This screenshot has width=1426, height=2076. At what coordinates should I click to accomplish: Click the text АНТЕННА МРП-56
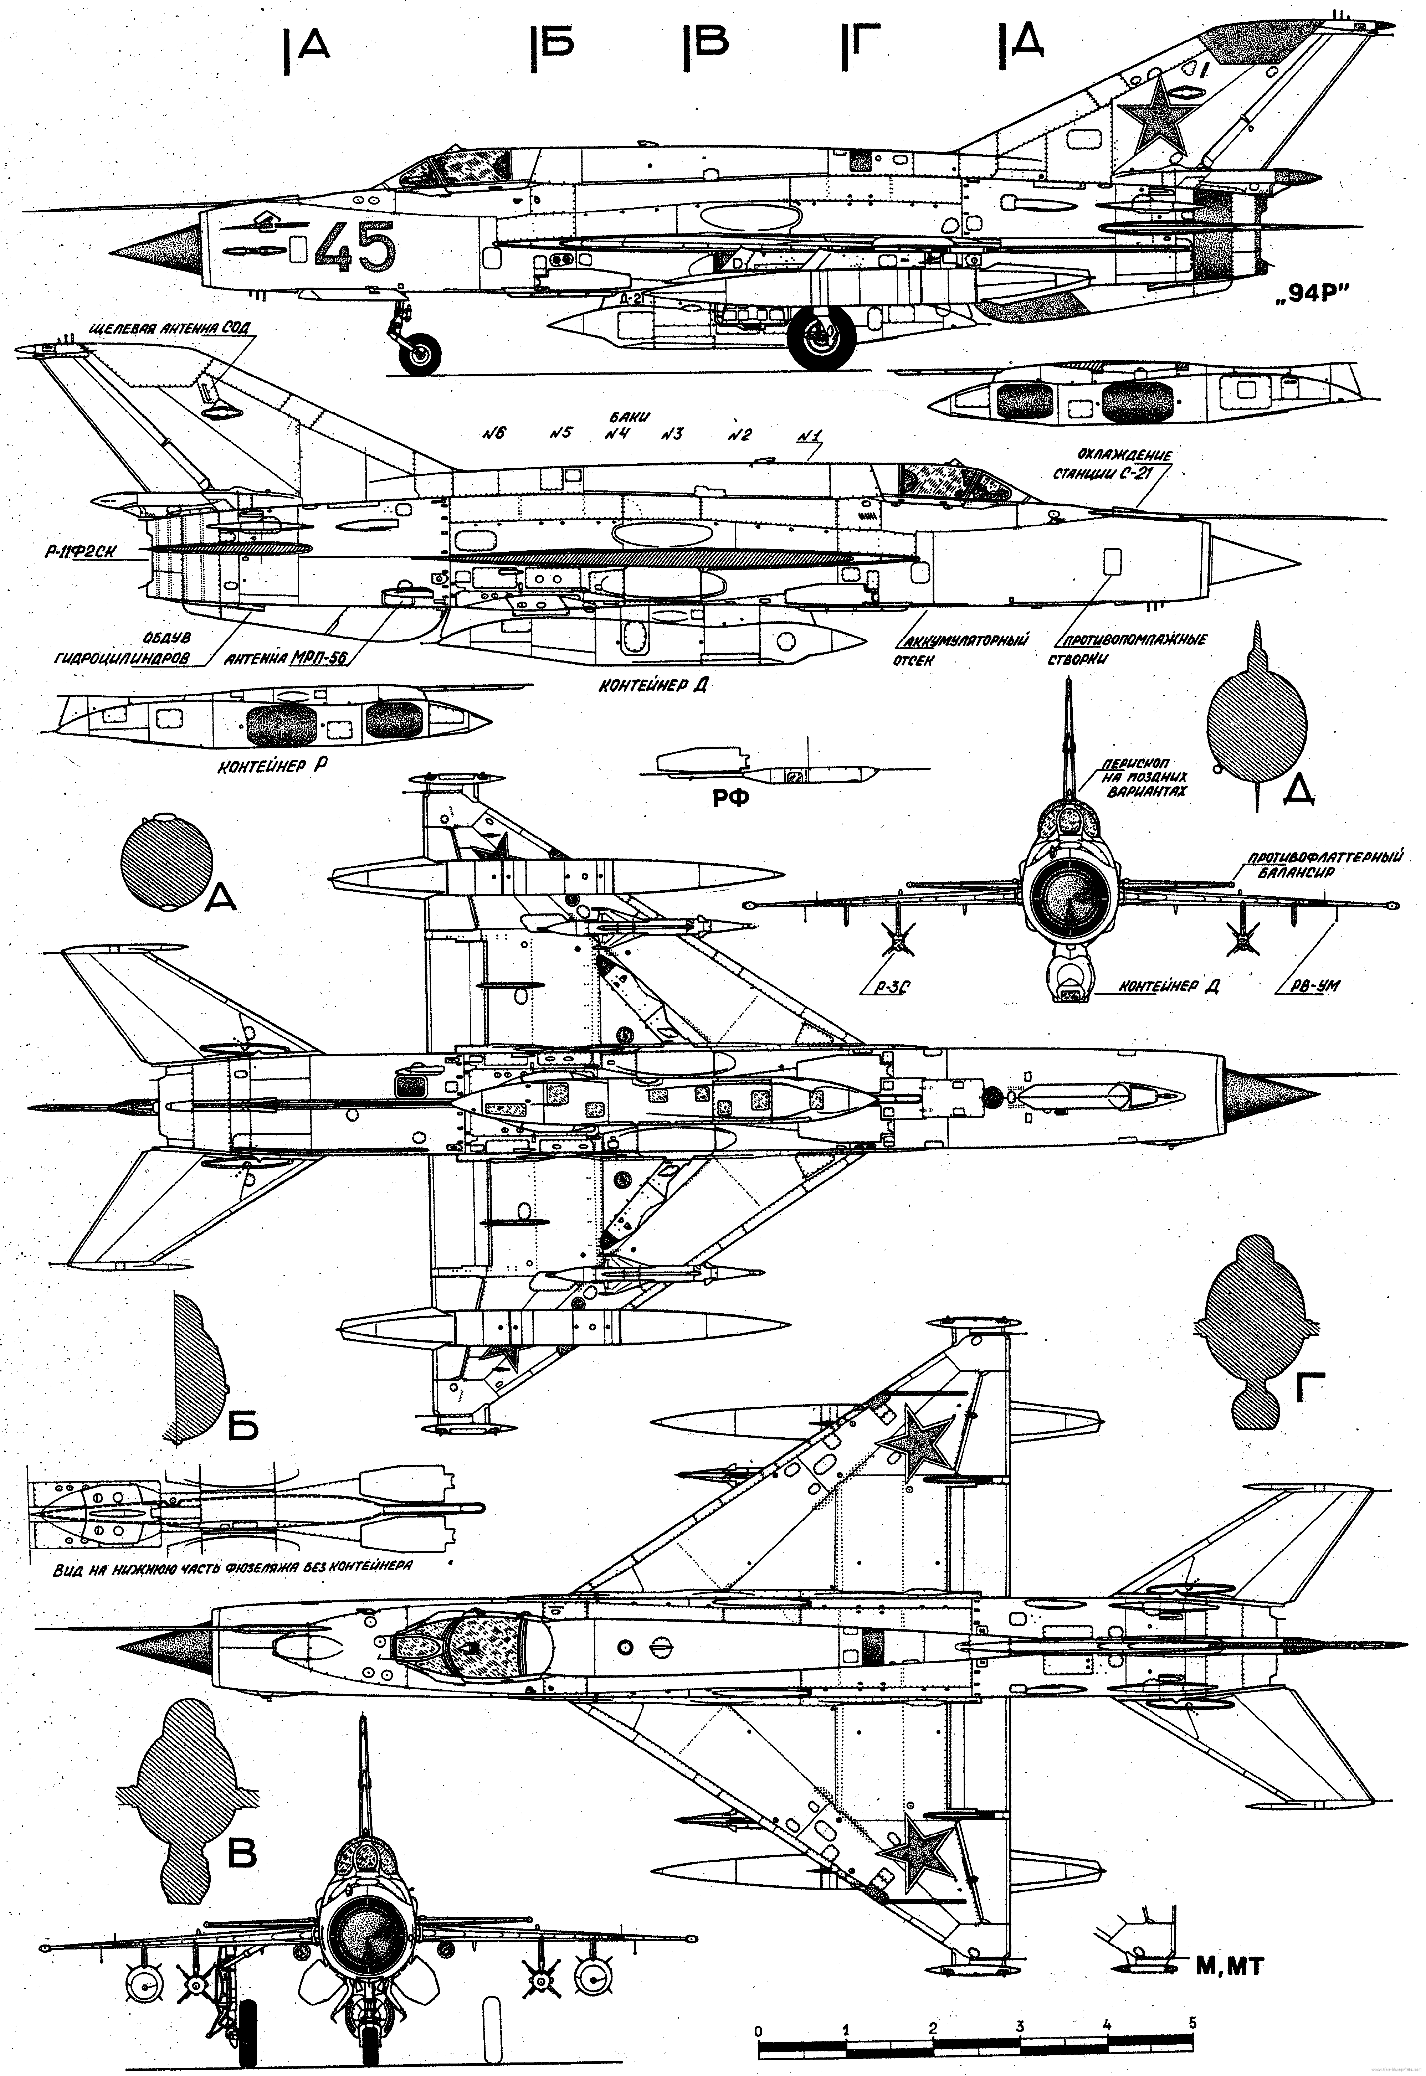pos(286,659)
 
